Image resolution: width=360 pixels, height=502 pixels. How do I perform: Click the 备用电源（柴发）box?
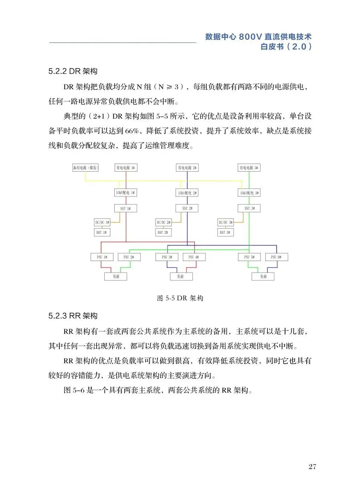pos(85,168)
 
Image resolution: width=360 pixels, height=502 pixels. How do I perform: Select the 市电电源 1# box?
pos(125,168)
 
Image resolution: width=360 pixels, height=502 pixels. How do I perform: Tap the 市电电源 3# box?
pos(249,168)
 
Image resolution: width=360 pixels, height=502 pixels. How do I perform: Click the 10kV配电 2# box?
pos(187,193)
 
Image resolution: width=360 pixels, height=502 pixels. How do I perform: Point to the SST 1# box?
pos(125,208)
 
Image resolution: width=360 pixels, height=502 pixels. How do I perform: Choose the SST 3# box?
pos(249,208)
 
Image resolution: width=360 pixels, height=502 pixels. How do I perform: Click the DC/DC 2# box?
pos(164,222)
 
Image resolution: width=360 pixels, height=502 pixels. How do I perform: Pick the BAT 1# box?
pos(102,232)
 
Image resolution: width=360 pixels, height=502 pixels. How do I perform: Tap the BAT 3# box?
pos(225,232)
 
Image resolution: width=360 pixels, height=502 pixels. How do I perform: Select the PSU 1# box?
pos(102,257)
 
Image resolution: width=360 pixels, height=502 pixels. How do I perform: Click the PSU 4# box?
pos(194,257)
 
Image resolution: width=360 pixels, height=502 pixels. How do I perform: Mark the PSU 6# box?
pos(277,257)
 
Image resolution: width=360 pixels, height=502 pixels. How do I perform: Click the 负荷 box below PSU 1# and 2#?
pos(115,276)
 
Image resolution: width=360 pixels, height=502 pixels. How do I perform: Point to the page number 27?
pos(313,466)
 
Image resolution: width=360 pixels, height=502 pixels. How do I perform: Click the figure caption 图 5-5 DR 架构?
pos(180,298)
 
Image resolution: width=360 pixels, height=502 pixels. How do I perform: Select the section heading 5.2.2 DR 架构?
pos(73,71)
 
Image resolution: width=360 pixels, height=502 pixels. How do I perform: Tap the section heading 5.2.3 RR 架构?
pos(73,316)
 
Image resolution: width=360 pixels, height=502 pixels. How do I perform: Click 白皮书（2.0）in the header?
pos(286,47)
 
